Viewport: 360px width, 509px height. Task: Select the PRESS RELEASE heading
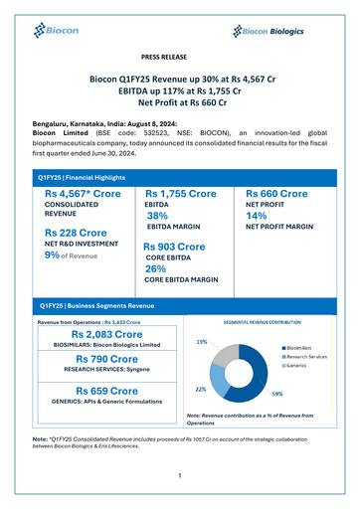[x=179, y=59]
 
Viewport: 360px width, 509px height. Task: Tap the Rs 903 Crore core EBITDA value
[x=174, y=247]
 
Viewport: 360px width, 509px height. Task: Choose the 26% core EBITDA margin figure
[x=155, y=268]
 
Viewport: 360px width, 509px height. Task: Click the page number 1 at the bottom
[x=179, y=475]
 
